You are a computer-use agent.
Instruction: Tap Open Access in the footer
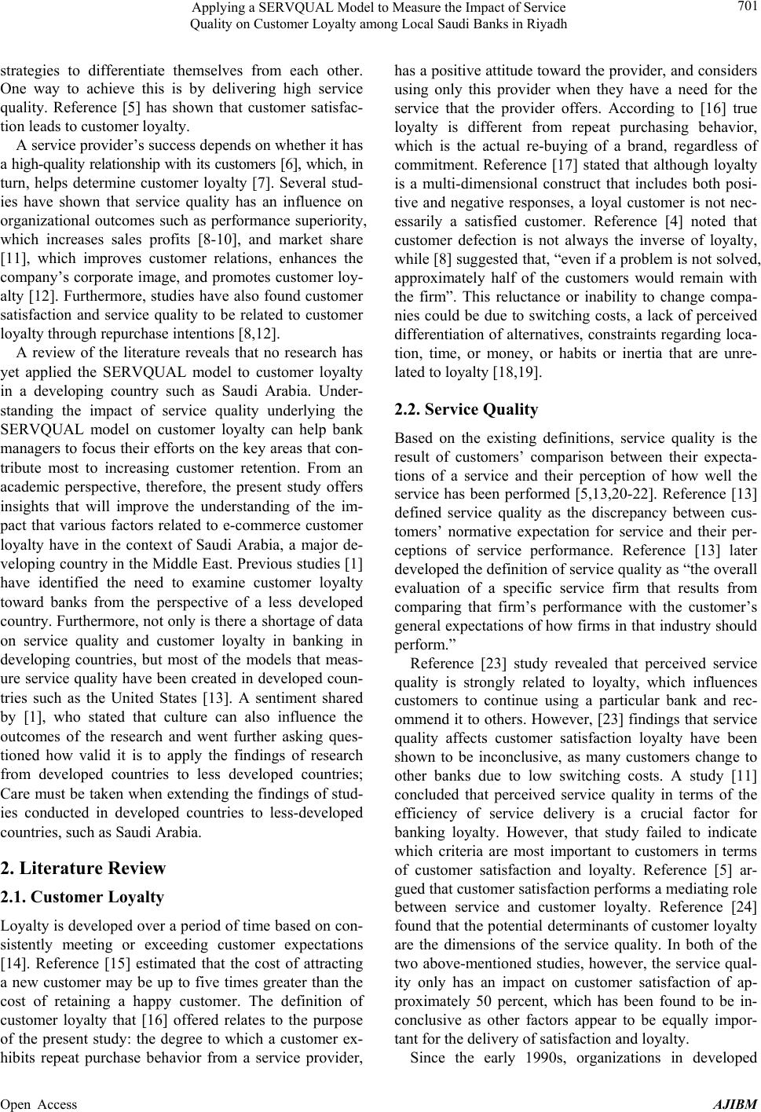point(39,1104)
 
